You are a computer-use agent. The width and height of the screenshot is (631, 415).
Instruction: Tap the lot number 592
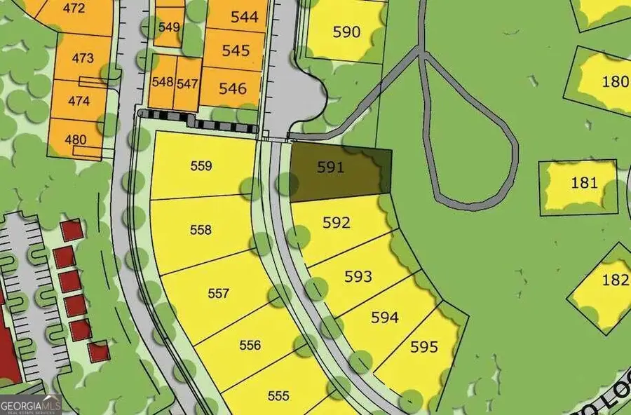[336, 223]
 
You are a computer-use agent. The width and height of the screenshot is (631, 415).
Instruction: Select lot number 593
[358, 276]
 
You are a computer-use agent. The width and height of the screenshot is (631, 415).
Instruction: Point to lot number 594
[385, 318]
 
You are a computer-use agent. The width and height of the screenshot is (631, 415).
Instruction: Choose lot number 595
[424, 346]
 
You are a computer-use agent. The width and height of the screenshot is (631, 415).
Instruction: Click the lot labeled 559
[201, 166]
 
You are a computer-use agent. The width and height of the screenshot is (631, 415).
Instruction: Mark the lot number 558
[201, 230]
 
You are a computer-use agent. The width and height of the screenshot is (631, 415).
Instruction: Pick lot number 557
[219, 293]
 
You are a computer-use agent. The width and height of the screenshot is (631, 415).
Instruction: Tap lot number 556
[250, 345]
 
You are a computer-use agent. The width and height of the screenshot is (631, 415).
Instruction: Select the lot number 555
[278, 395]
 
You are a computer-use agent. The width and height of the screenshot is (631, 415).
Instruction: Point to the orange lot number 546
[233, 88]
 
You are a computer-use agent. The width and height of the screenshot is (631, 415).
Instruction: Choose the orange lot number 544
[244, 18]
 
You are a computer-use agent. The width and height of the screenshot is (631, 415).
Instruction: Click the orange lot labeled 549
[169, 27]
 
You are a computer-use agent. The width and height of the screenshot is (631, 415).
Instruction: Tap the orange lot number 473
[82, 57]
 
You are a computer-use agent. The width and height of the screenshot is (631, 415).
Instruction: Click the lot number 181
[584, 183]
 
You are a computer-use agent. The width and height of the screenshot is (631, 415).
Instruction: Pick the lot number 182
[615, 280]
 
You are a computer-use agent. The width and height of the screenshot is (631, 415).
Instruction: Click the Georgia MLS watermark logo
[31, 405]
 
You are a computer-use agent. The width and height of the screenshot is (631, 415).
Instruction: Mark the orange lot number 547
[187, 83]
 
